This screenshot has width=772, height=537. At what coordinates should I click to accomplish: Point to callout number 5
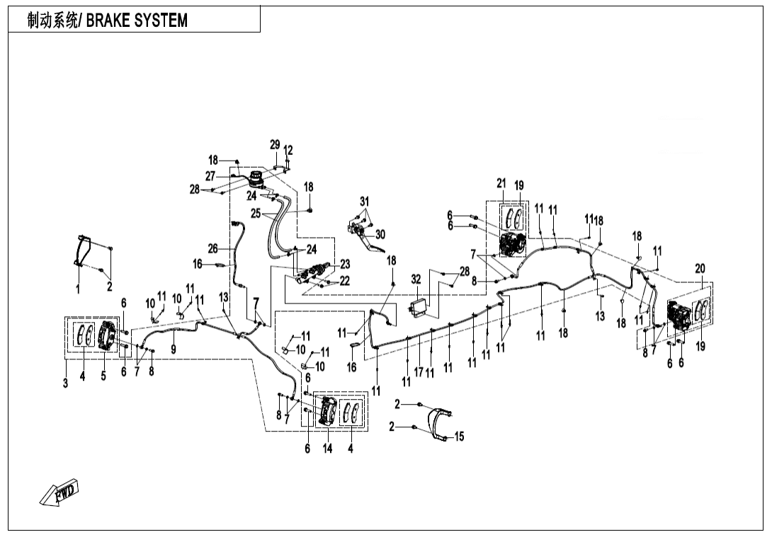pyautogui.click(x=103, y=376)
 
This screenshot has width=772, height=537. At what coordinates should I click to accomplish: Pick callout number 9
pyautogui.click(x=174, y=349)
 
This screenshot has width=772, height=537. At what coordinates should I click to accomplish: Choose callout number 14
pyautogui.click(x=327, y=448)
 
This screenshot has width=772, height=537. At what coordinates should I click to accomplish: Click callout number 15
pyautogui.click(x=459, y=437)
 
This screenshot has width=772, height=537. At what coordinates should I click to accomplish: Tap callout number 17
pyautogui.click(x=419, y=371)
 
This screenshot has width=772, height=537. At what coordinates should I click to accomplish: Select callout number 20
pyautogui.click(x=700, y=269)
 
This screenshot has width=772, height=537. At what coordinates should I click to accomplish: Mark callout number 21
pyautogui.click(x=501, y=185)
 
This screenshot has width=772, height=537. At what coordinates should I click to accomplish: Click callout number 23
pyautogui.click(x=345, y=264)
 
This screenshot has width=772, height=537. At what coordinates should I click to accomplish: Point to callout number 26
pyautogui.click(x=212, y=248)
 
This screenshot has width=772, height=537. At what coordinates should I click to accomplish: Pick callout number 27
pyautogui.click(x=210, y=175)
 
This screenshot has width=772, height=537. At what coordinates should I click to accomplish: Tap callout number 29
pyautogui.click(x=275, y=145)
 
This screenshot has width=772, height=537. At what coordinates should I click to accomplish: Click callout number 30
pyautogui.click(x=380, y=234)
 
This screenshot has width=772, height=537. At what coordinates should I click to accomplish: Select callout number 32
pyautogui.click(x=416, y=280)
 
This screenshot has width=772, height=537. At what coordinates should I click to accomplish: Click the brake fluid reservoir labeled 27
pyautogui.click(x=256, y=180)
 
